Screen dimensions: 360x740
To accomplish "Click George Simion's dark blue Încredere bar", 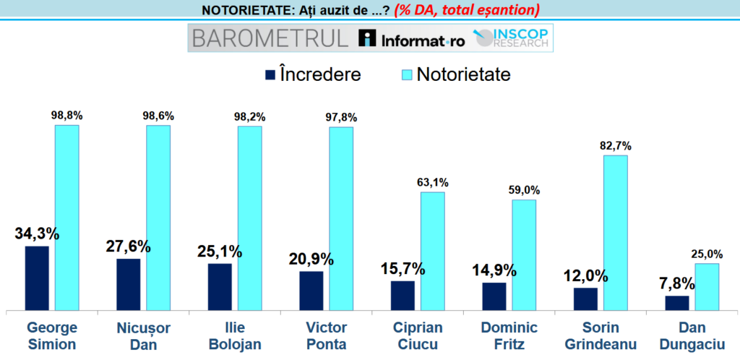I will tap(37, 278).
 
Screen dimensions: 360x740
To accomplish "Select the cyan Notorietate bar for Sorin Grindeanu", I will tap(616, 233).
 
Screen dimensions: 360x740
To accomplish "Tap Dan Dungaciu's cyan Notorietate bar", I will tap(707, 287).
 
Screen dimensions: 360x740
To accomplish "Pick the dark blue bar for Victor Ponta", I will tap(311, 291).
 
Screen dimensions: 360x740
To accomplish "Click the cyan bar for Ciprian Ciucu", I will tap(433, 252).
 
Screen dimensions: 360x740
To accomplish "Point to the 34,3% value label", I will tap(37, 233).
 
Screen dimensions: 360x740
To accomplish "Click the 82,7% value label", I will tap(616, 144).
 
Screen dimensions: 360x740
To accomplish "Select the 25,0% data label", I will tap(707, 253).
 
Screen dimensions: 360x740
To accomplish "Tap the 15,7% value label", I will tap(403, 268).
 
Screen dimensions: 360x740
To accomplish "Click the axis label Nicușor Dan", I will tap(133, 335).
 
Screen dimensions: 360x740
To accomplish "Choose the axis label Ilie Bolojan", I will tap(225, 335).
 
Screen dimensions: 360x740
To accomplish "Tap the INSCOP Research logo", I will tap(511, 38).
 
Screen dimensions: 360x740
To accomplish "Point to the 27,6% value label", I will tap(129, 246).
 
